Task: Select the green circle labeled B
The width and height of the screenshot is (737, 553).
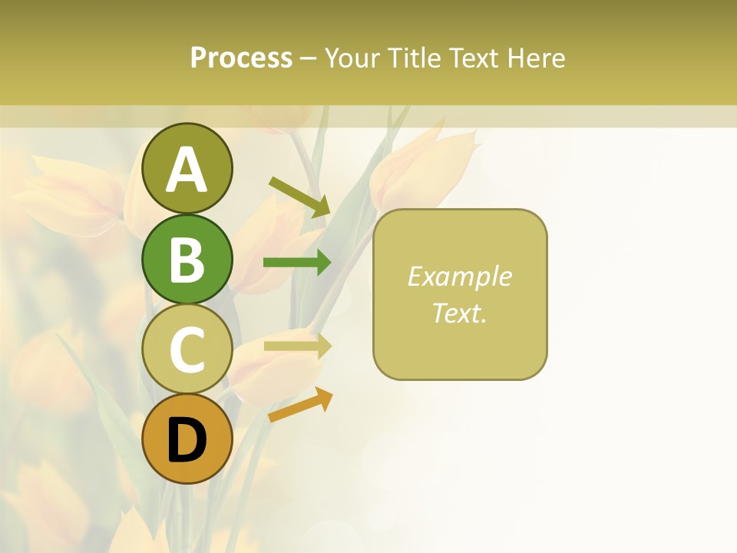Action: [x=187, y=259]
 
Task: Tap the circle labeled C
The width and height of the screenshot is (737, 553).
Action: [x=187, y=349]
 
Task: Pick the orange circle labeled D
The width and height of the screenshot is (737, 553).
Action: [x=187, y=439]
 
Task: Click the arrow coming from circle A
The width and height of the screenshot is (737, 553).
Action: [x=299, y=197]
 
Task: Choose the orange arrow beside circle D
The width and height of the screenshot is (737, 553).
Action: [x=300, y=405]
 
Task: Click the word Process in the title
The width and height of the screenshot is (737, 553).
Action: [x=241, y=58]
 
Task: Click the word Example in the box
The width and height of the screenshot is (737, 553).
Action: [x=459, y=276]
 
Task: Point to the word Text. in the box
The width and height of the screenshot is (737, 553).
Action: [x=459, y=313]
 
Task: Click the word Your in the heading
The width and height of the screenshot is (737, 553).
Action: [x=352, y=58]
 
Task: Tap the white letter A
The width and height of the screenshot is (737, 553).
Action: [x=187, y=170]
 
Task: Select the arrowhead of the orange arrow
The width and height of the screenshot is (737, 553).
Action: [x=324, y=399]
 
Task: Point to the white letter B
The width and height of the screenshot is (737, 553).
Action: [x=187, y=260]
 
